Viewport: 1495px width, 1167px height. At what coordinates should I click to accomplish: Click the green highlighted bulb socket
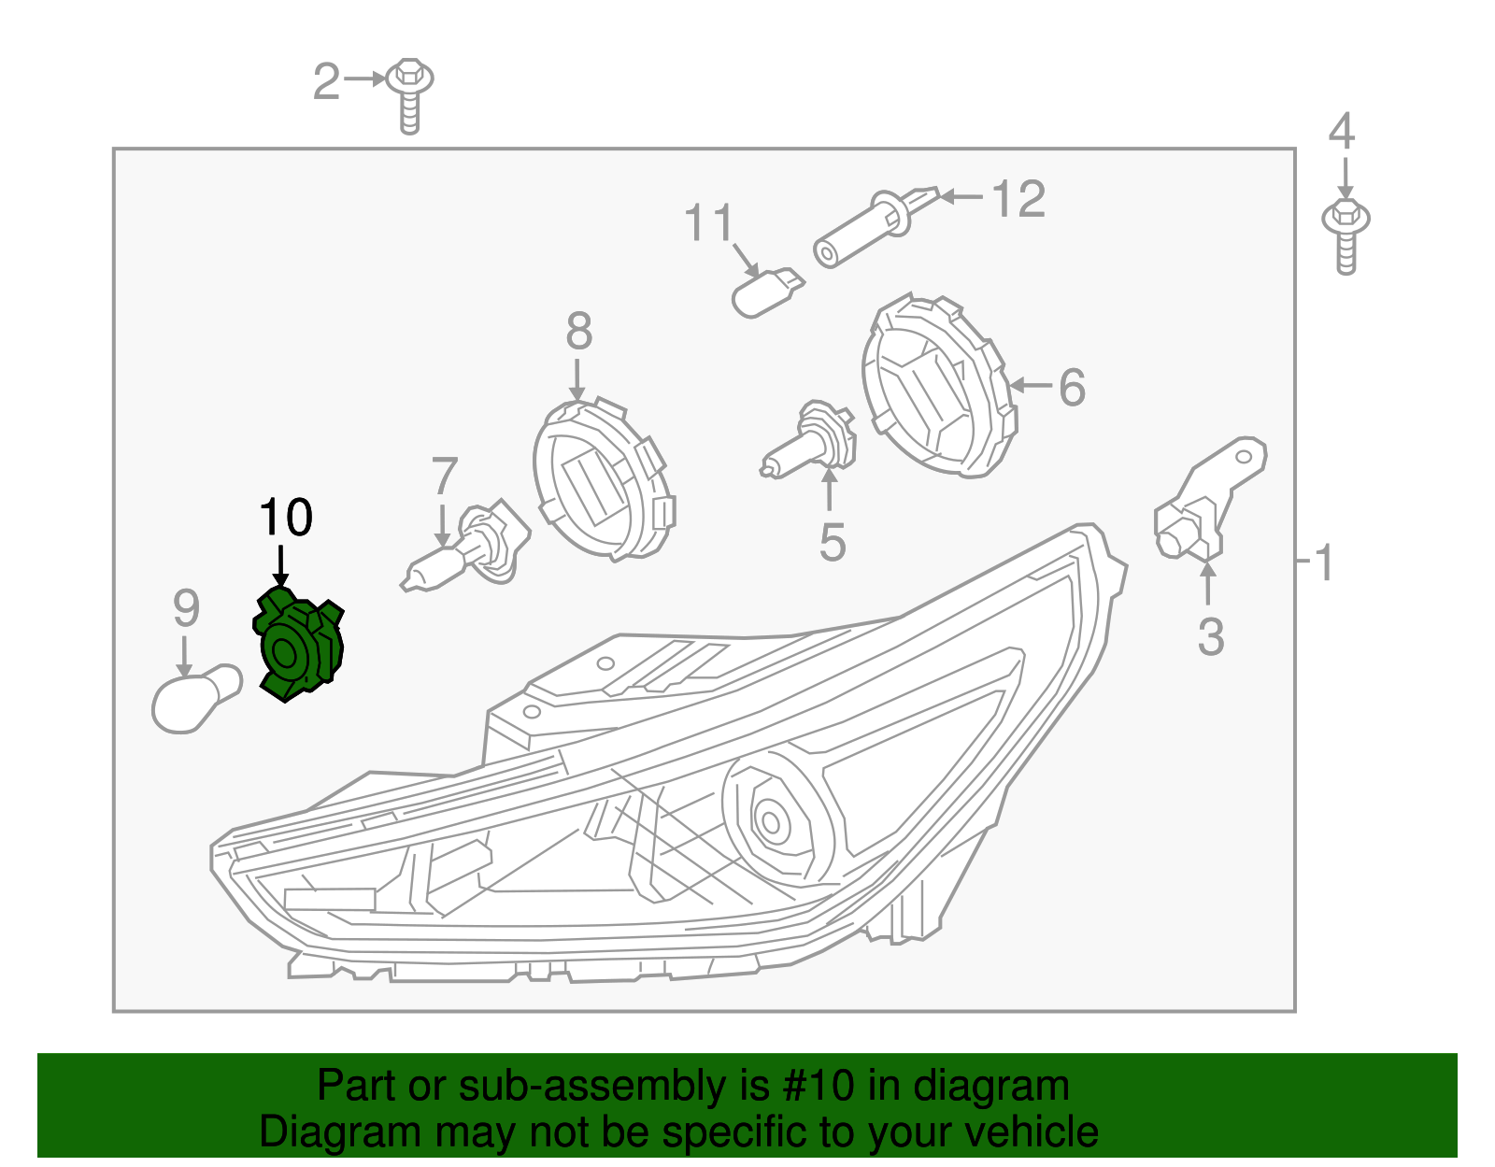[298, 644]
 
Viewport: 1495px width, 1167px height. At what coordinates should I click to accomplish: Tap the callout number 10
[285, 518]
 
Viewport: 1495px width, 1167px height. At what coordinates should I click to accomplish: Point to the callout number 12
[1018, 199]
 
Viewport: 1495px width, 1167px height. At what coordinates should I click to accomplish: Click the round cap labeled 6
[938, 388]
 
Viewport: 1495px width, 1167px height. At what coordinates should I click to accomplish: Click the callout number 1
[1322, 562]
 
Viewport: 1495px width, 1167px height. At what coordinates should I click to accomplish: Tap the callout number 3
[1210, 637]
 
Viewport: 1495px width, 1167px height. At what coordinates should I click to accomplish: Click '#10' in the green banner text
[813, 1087]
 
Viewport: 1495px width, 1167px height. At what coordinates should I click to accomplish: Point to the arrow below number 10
[280, 568]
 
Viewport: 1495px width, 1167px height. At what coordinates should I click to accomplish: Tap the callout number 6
[1072, 387]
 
